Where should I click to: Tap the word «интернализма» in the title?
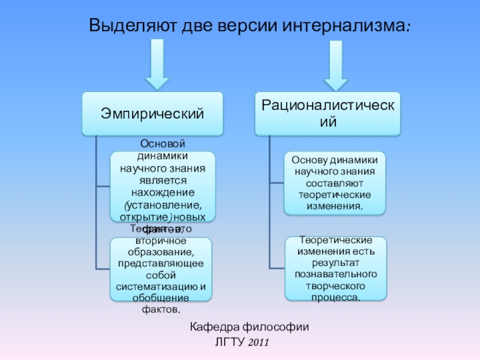(x=343, y=26)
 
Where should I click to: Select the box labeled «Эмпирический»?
(x=152, y=113)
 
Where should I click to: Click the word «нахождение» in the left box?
(x=163, y=192)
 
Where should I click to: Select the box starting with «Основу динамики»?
(x=335, y=183)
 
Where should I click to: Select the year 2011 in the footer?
(x=258, y=343)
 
